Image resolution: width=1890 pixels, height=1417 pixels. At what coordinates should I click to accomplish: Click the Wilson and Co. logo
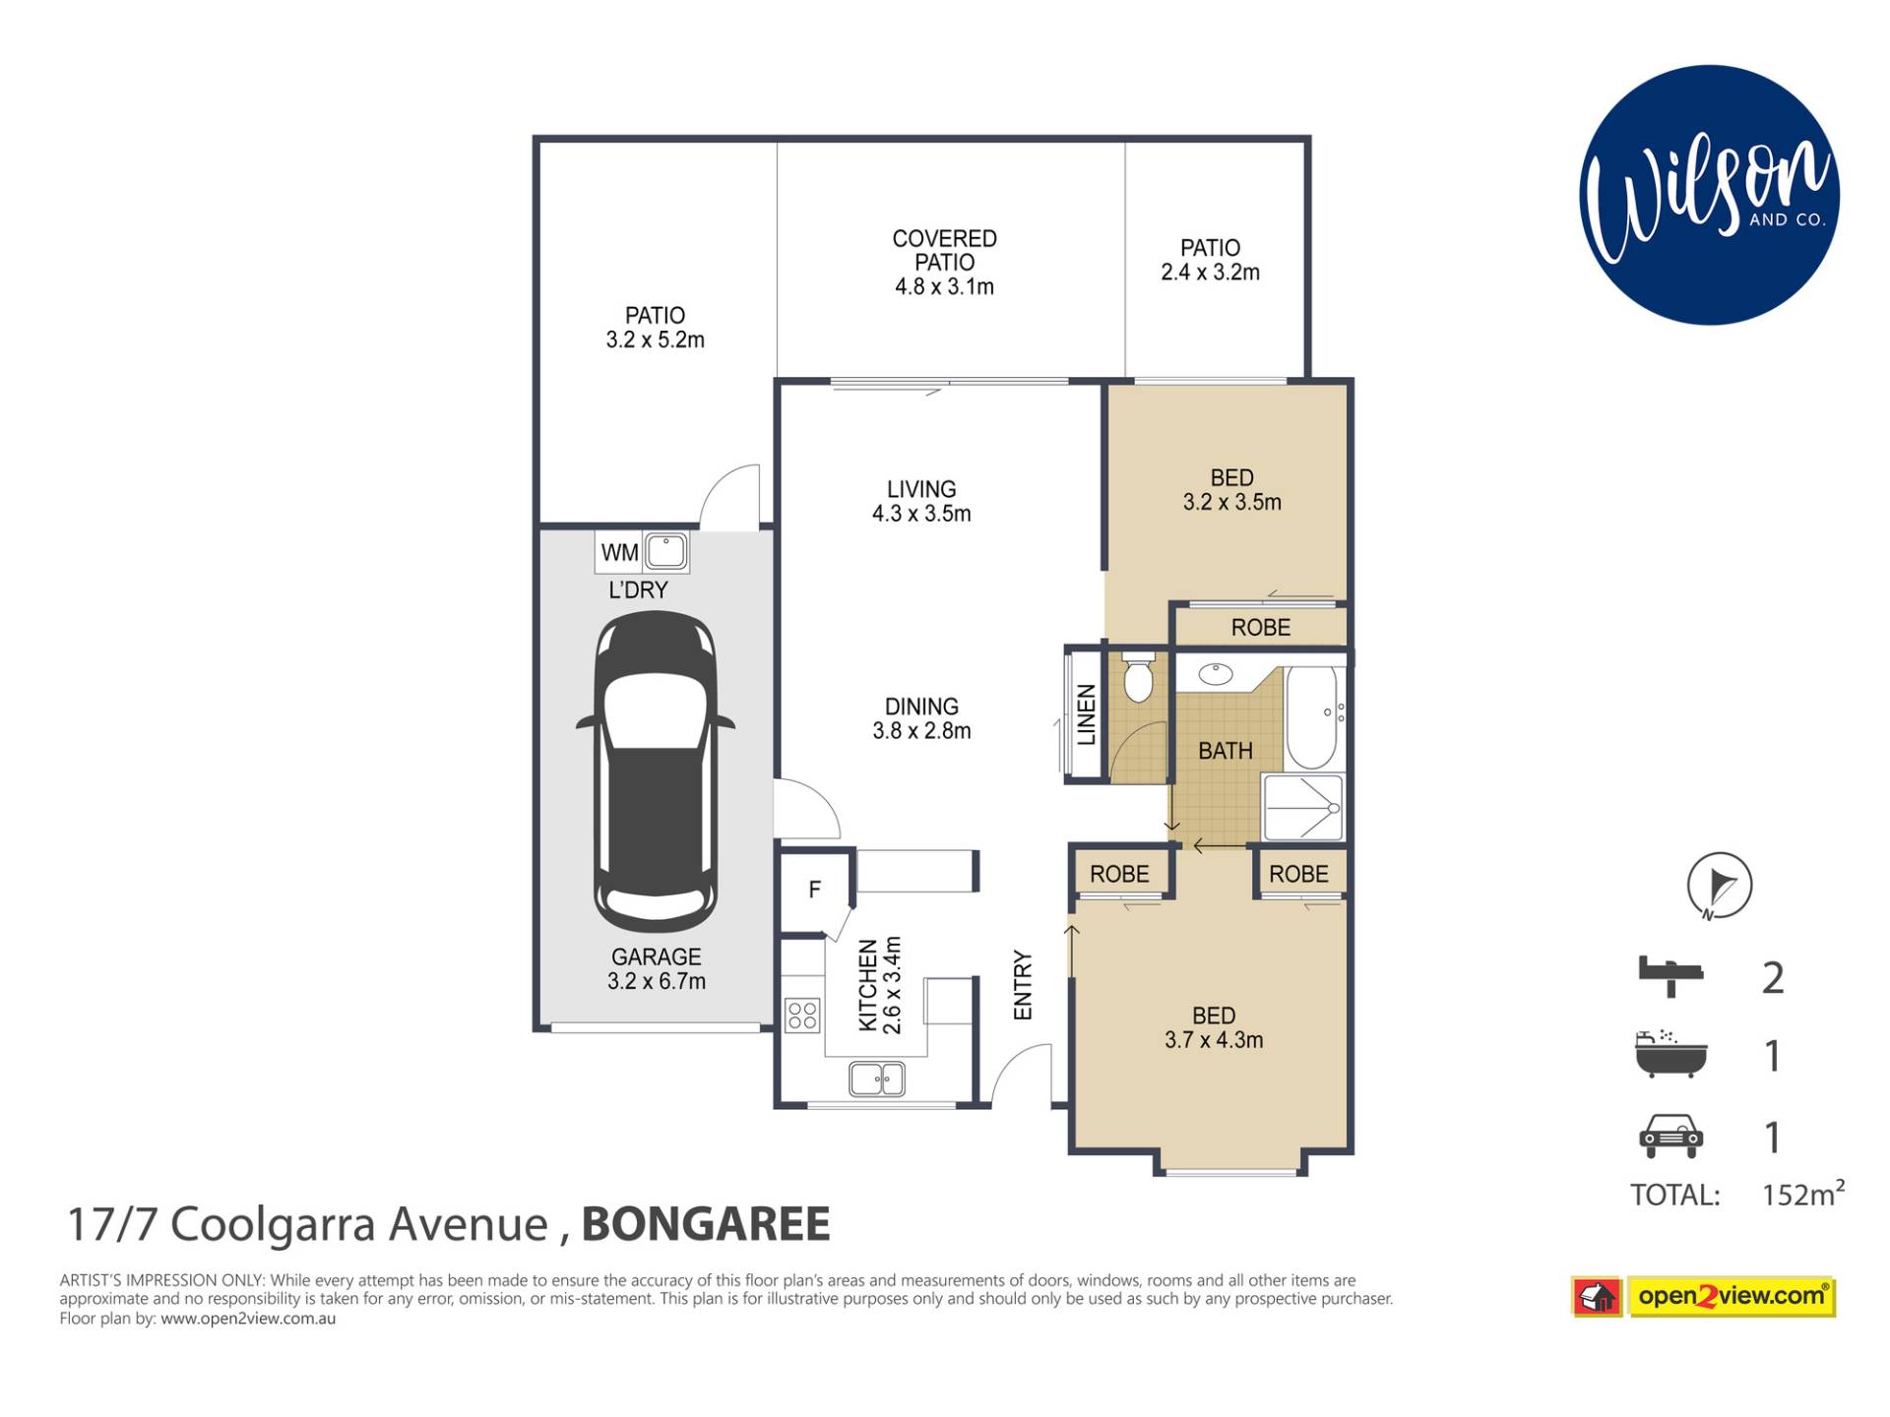1709,195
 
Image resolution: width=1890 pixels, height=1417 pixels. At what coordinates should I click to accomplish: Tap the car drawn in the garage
656,771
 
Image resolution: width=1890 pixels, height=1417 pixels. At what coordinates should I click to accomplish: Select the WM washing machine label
619,553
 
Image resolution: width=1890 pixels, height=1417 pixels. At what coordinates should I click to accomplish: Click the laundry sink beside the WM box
666,552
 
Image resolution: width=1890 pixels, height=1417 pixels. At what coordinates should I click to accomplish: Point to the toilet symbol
1139,677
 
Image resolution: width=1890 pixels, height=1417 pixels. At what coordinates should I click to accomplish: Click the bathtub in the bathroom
1311,718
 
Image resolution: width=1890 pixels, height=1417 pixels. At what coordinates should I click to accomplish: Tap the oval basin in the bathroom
1216,674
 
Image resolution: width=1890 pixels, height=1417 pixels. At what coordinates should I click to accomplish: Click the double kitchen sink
877,1079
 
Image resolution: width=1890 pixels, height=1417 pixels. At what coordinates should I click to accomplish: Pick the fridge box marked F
815,890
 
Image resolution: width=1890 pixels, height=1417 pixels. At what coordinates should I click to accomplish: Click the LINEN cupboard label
1087,715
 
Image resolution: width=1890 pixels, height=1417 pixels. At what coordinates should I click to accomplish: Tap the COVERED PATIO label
944,251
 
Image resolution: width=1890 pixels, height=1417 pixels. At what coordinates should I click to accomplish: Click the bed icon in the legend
1670,975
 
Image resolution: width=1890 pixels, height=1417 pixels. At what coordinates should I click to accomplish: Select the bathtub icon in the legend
1670,1054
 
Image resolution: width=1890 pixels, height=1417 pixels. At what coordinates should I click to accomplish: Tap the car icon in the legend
1670,1136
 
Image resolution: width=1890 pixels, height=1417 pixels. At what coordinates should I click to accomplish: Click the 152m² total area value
1802,1193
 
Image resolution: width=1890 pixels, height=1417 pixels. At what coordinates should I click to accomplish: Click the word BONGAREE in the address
706,1225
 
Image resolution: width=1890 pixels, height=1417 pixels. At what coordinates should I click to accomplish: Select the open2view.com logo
1704,1297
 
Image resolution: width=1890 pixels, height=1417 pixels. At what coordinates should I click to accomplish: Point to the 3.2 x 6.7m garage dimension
657,981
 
